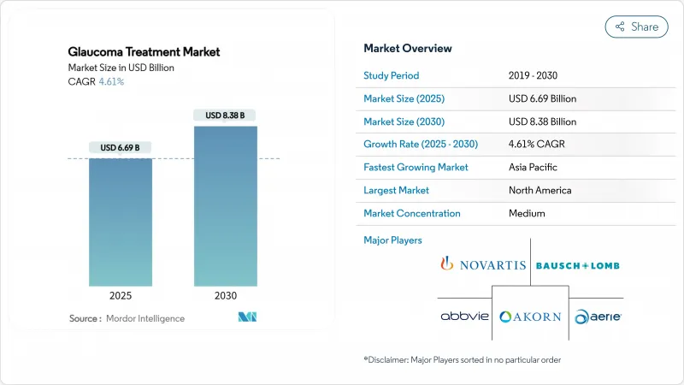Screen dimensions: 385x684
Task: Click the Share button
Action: (x=636, y=27)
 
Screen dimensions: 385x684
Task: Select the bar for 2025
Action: (x=121, y=222)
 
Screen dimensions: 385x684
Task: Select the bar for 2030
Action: (x=226, y=205)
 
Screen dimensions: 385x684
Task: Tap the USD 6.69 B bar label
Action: (x=121, y=148)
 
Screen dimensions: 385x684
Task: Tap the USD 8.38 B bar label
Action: (x=226, y=115)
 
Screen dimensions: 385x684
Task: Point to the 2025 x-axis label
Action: (x=121, y=295)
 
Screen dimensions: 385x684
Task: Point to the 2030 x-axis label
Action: (x=226, y=295)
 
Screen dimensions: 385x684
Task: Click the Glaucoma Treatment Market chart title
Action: (x=144, y=51)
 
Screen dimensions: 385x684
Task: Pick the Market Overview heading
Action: (x=408, y=48)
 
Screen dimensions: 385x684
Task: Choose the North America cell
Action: (x=540, y=190)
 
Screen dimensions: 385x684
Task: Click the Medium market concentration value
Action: (x=527, y=213)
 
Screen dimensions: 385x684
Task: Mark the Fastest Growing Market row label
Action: (x=416, y=167)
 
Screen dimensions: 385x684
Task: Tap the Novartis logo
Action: (x=483, y=264)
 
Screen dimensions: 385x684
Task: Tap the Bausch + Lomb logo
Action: (x=577, y=265)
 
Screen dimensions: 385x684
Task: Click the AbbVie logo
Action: (x=464, y=316)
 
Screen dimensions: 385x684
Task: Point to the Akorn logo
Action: (x=530, y=316)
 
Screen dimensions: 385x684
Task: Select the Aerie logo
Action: (x=598, y=316)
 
